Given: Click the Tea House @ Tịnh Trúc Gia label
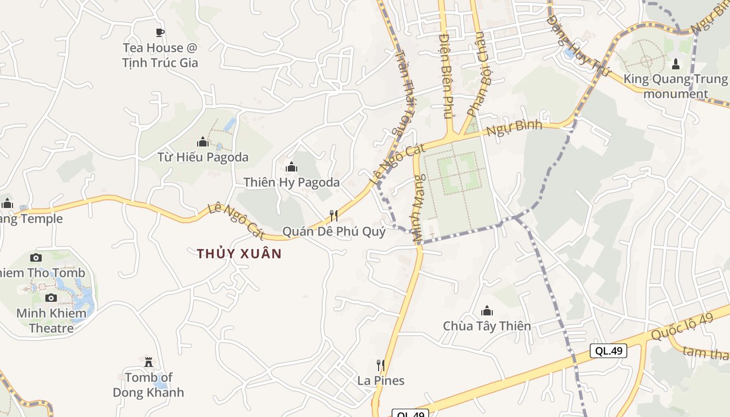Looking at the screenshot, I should [x=160, y=55].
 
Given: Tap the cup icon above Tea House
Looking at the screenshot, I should [x=160, y=32].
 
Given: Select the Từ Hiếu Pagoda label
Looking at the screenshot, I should [x=203, y=157].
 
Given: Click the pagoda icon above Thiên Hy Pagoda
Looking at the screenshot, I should [x=291, y=167].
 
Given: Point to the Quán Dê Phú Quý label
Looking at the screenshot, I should [x=334, y=231].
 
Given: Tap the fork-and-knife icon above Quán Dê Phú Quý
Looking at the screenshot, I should [x=334, y=215].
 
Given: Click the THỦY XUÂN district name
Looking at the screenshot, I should [x=239, y=254].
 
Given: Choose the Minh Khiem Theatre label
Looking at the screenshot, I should [x=51, y=321].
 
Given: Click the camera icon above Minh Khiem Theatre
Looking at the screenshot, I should [x=51, y=298].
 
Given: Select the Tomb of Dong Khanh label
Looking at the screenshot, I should [x=149, y=385].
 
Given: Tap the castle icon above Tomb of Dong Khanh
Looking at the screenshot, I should [x=149, y=361].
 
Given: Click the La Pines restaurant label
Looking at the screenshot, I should [x=381, y=381].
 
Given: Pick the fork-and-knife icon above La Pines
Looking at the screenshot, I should [x=381, y=365].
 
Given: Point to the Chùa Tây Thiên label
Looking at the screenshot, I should [x=487, y=326].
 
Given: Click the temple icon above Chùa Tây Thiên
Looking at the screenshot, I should [x=487, y=311].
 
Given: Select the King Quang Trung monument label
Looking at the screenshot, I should [x=676, y=87].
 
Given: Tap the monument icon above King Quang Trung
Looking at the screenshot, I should [x=676, y=64].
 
